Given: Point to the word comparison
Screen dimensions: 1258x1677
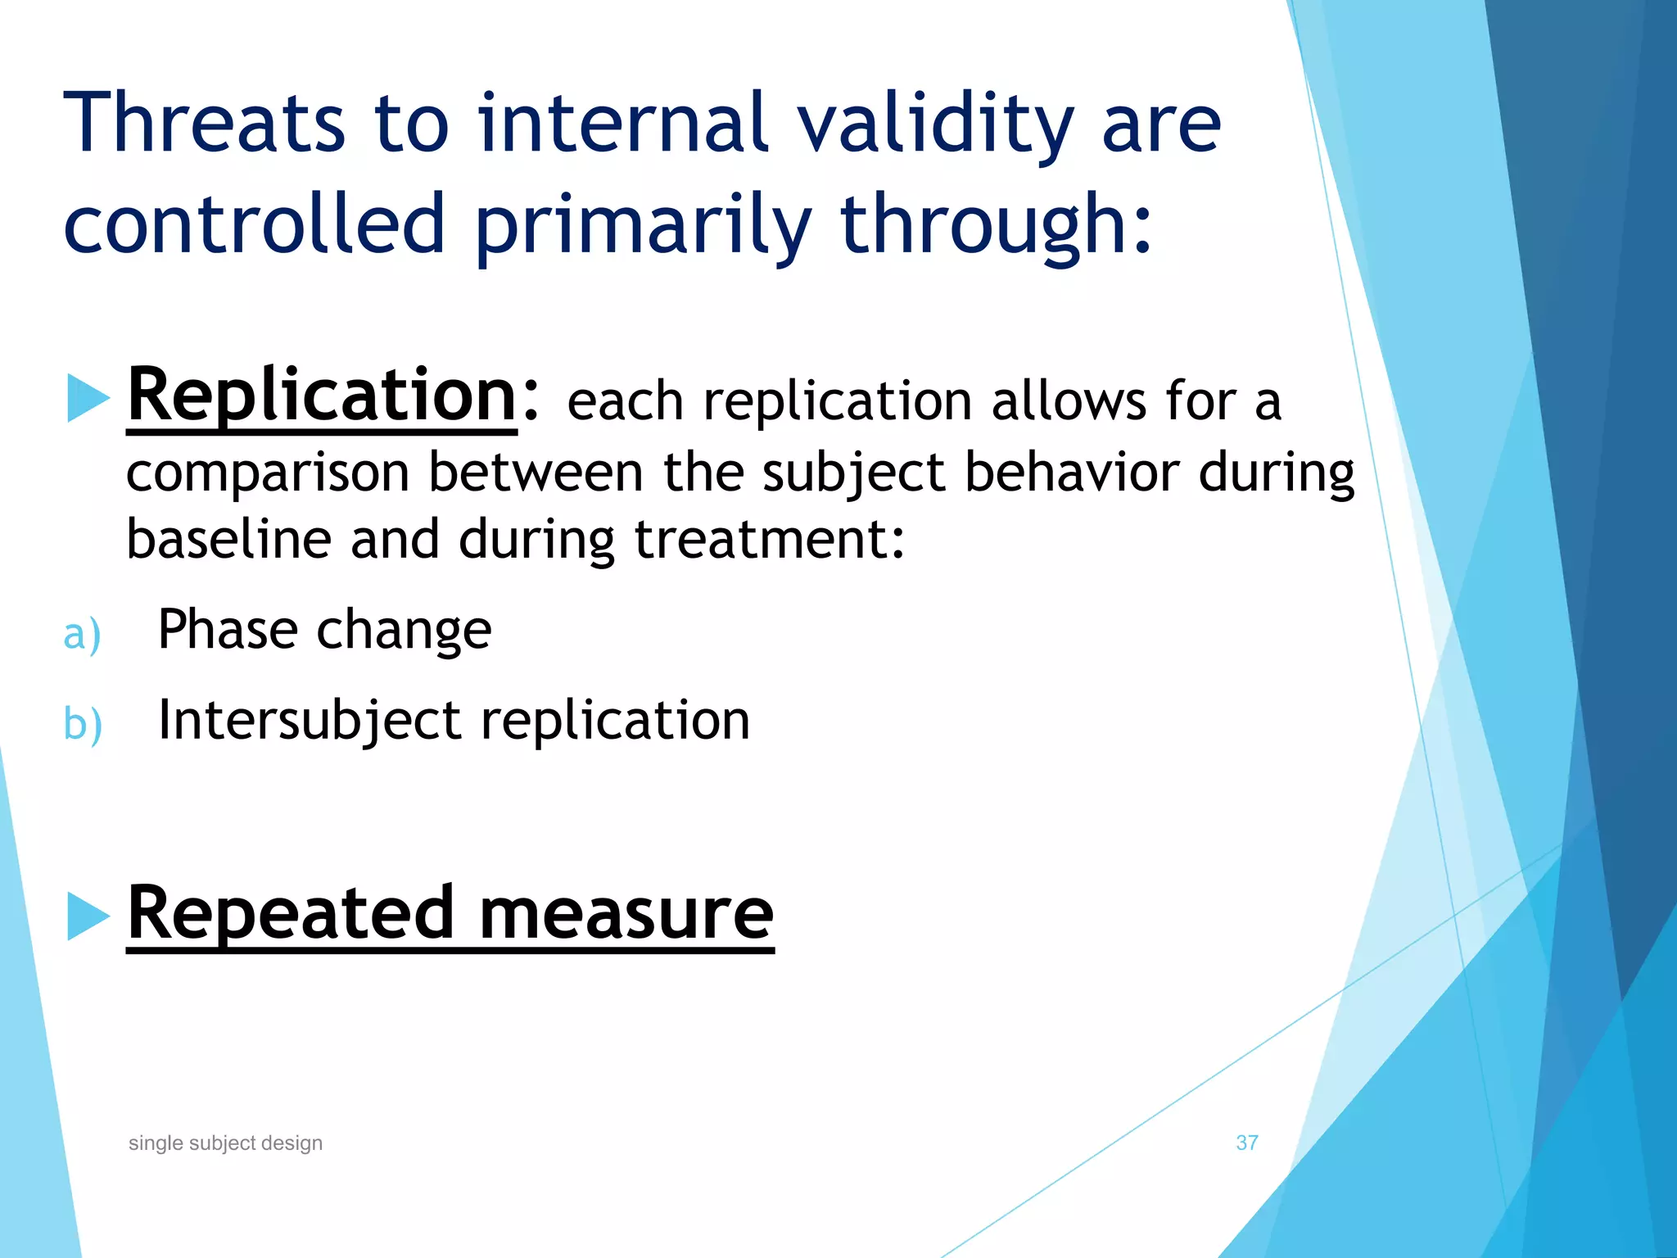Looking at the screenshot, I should pyautogui.click(x=268, y=473).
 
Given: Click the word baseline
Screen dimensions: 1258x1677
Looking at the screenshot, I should pyautogui.click(x=228, y=539).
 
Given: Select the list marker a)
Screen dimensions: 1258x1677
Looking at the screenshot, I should pyautogui.click(x=82, y=635).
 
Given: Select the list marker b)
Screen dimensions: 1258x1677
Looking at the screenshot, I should pyautogui.click(x=83, y=724).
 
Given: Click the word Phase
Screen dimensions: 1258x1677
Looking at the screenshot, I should pyautogui.click(x=228, y=630).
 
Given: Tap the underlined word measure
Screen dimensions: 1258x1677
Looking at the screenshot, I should pyautogui.click(x=626, y=913).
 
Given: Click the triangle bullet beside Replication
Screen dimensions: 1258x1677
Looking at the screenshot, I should pyautogui.click(x=88, y=398).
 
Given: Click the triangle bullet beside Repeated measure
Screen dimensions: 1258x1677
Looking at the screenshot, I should pyautogui.click(x=88, y=916).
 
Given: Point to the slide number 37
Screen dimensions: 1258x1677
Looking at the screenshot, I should pyautogui.click(x=1246, y=1143).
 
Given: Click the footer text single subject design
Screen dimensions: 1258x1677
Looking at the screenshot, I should pyautogui.click(x=225, y=1143).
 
